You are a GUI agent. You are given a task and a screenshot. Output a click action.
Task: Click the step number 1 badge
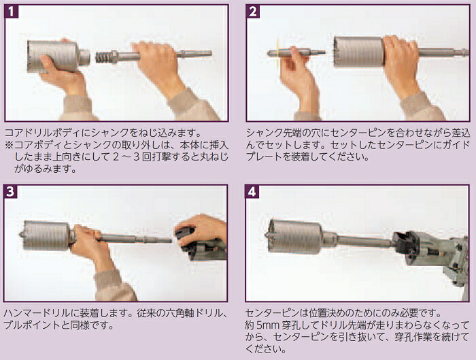pos(12,12)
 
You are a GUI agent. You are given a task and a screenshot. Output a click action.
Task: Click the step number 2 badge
pos(252,12)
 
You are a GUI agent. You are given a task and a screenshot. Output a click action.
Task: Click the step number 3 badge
pos(10,191)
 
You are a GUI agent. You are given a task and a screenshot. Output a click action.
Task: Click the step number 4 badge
pos(252,191)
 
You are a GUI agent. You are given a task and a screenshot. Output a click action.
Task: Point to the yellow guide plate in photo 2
pos(277,52)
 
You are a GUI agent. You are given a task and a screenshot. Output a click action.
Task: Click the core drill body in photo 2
pos(359,52)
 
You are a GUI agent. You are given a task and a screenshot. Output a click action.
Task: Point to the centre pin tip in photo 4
pos(267,235)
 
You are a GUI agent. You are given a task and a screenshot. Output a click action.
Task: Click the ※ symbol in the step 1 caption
pos(9,145)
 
